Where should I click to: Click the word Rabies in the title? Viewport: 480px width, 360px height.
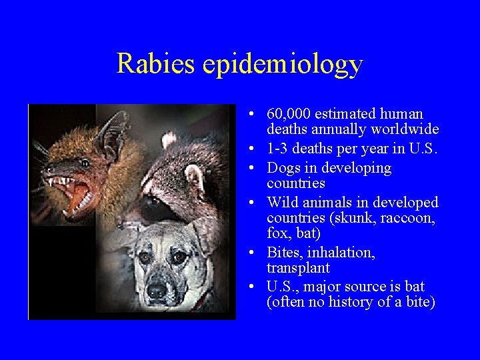(x=156, y=63)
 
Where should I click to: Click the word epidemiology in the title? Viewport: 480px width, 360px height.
(x=283, y=65)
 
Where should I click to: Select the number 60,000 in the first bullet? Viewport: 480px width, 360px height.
(x=289, y=114)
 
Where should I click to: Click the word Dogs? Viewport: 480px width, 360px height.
(x=283, y=168)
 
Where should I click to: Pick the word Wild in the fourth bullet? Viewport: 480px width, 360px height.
(x=283, y=202)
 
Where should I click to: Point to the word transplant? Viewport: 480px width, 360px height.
(x=298, y=268)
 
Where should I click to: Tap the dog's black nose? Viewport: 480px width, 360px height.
(x=156, y=290)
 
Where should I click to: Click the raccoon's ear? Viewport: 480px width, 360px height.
(x=194, y=179)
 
